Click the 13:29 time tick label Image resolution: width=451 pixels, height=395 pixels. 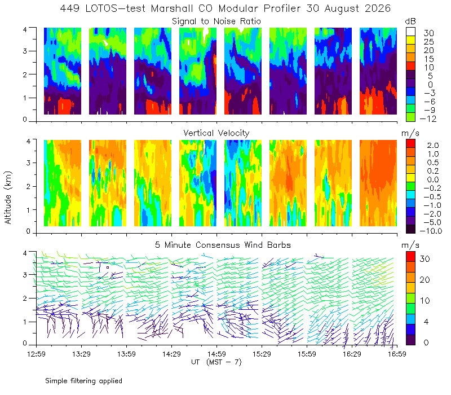click(x=81, y=354)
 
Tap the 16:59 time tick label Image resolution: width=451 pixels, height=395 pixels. click(x=397, y=354)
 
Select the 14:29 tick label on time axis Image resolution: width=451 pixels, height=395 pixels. click(x=171, y=354)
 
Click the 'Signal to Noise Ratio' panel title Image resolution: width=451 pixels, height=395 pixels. click(x=216, y=21)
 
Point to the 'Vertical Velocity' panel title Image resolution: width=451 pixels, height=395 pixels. click(x=216, y=133)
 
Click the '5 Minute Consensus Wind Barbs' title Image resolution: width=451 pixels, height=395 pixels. click(x=223, y=245)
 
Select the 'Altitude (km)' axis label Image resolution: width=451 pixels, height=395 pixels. click(x=8, y=197)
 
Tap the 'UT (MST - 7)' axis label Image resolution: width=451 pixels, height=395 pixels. click(x=216, y=362)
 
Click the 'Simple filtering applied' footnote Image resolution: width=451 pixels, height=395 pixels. click(x=83, y=381)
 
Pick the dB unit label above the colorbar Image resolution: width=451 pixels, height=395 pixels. click(x=410, y=21)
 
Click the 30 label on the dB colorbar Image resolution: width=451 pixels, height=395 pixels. click(x=428, y=33)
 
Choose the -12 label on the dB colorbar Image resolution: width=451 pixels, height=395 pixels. click(x=428, y=118)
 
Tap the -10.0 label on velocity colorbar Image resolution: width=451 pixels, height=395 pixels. click(x=431, y=231)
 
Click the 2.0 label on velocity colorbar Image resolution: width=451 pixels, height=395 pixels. click(x=433, y=145)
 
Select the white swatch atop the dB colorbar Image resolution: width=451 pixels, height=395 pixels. click(x=410, y=32)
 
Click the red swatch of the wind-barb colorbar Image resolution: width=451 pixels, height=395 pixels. click(x=410, y=257)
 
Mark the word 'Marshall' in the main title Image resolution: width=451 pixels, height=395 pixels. click(x=172, y=8)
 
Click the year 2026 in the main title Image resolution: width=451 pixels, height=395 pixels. click(x=378, y=8)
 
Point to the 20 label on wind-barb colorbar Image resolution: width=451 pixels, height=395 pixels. click(x=425, y=279)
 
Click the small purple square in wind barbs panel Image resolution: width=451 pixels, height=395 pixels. click(x=108, y=267)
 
